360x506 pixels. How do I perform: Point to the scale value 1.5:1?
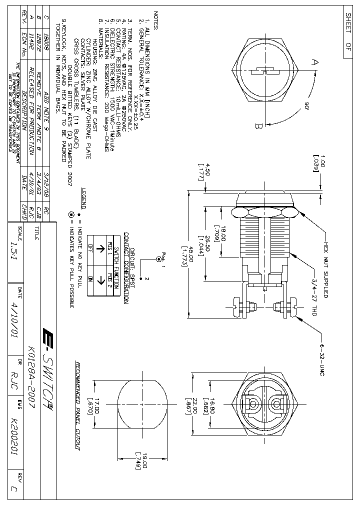point(13,240)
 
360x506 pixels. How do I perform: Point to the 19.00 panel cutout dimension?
point(135,460)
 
